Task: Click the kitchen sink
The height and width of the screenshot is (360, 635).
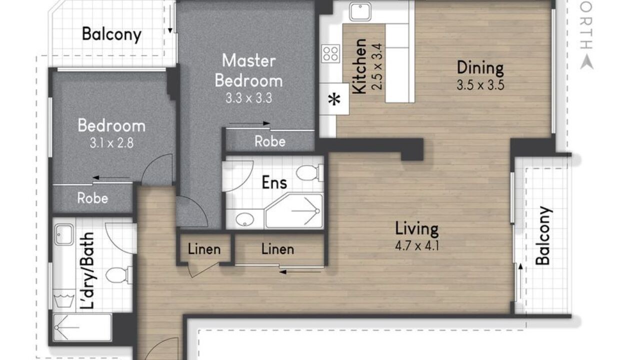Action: pos(360,11)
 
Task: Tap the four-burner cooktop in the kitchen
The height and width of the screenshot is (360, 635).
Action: pos(330,53)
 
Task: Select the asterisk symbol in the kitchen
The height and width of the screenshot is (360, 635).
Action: pos(334,99)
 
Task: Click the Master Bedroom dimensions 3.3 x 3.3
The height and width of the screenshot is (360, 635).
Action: pos(248,98)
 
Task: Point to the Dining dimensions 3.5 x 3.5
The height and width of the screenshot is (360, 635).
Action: pos(480,85)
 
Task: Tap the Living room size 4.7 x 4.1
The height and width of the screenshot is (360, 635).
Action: pos(417,245)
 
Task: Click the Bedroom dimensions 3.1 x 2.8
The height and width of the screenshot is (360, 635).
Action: pos(111,143)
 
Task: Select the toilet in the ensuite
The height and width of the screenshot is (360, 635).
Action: pos(309,172)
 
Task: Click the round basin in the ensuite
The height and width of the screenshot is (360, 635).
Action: pos(245,219)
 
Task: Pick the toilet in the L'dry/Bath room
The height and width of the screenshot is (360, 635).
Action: pos(119,275)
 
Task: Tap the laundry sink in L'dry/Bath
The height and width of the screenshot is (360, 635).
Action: pos(64,234)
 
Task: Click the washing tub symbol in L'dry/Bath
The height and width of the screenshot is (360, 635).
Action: pos(64,300)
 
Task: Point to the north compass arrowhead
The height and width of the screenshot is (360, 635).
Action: pos(586,62)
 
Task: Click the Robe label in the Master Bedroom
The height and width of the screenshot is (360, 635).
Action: pos(270,141)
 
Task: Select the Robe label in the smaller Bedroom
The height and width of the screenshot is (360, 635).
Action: pos(92,198)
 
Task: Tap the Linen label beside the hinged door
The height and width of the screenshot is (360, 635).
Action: pos(204,249)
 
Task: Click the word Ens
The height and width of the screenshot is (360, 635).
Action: pos(274,182)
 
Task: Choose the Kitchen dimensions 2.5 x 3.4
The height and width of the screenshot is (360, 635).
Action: pos(378,66)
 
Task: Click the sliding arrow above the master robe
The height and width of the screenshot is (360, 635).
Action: pos(249,123)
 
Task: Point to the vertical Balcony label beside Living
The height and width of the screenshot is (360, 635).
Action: pos(543,235)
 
